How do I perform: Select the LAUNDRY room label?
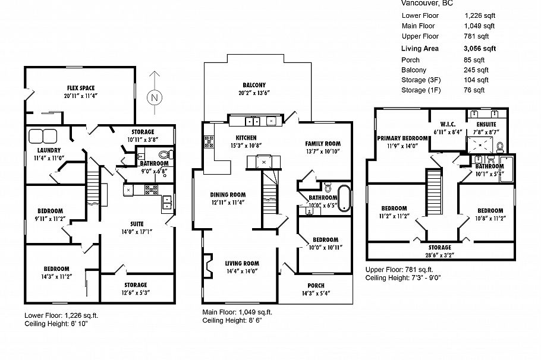[x=41, y=150]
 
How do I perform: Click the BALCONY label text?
[x=254, y=85]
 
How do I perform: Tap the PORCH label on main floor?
[x=316, y=285]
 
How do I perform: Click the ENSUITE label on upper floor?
[x=486, y=124]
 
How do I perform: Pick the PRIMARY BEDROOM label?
[x=402, y=138]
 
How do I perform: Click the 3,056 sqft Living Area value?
[x=479, y=49]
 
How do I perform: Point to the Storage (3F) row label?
[x=422, y=80]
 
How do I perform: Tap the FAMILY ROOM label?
[x=322, y=144]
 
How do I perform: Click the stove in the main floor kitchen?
[x=209, y=141]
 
